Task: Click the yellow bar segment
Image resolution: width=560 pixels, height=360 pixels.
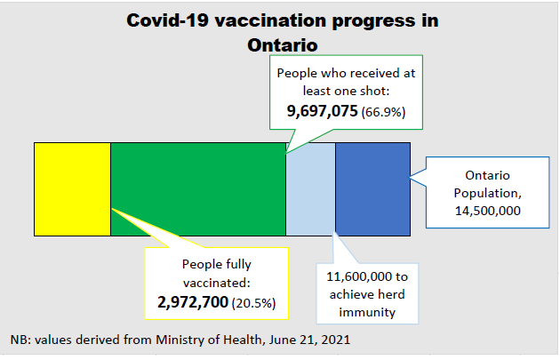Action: click(x=72, y=188)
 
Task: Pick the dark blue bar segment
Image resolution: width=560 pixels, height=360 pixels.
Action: click(x=372, y=188)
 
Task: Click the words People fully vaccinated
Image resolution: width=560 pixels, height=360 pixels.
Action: click(x=217, y=273)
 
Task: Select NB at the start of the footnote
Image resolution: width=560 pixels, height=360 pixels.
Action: click(x=19, y=340)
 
